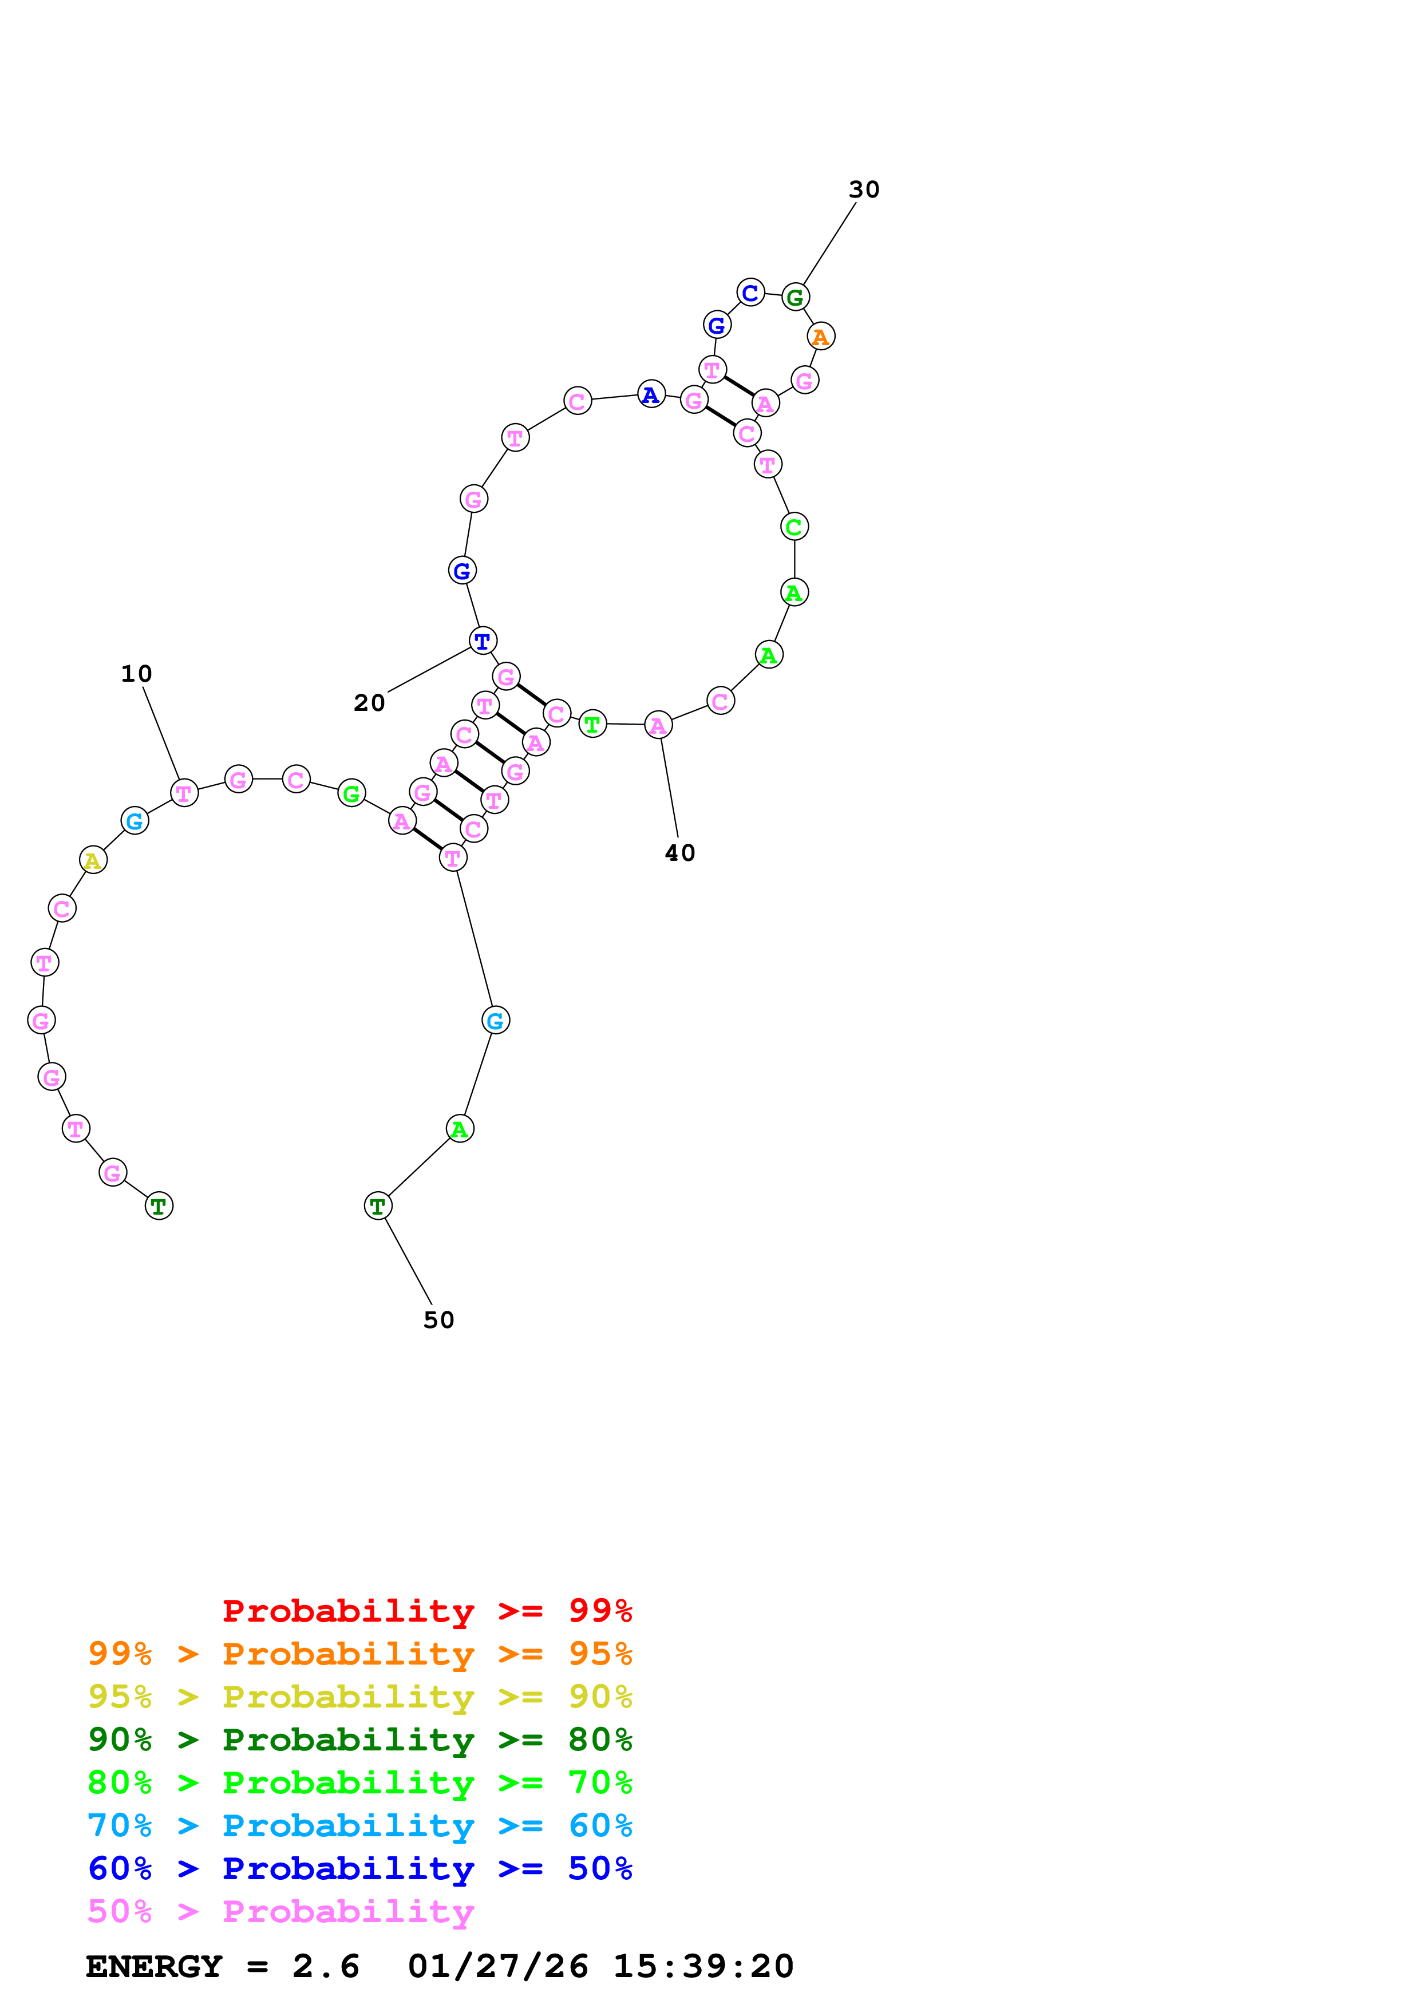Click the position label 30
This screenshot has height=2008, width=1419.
point(863,190)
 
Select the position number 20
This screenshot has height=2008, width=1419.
point(369,703)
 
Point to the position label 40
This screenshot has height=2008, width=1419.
point(679,853)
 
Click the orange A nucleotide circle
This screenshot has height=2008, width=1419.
point(820,336)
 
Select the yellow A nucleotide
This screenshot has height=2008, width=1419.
point(93,860)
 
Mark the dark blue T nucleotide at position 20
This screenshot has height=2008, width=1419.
point(483,641)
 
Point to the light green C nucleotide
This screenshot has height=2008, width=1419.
point(794,527)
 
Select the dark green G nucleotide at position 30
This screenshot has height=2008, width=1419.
point(795,297)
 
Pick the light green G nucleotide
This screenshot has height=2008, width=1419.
point(351,793)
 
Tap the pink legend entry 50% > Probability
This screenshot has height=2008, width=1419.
point(280,1912)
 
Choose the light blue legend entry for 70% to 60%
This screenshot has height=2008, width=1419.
point(359,1826)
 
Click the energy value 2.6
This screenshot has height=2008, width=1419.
point(325,1967)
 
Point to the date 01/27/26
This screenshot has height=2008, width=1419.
point(497,1967)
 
